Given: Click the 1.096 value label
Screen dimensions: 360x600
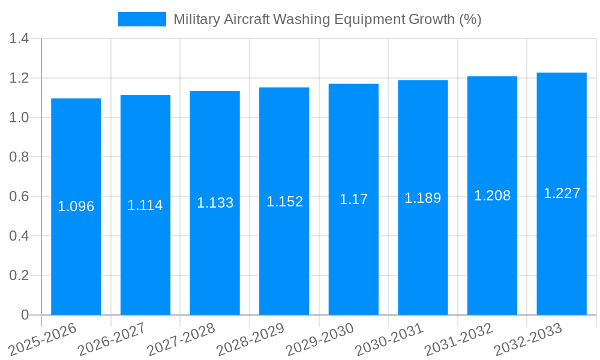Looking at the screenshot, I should [76, 206].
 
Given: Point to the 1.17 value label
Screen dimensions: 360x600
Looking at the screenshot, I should [354, 199].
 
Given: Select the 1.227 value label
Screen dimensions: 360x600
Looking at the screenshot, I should [562, 193].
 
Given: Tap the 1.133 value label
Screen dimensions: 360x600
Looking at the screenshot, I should [215, 203].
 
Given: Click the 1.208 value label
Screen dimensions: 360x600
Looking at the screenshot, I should [492, 196].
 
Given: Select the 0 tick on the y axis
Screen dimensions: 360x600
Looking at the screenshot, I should [25, 315].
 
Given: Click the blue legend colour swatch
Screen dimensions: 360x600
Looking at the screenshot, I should [142, 19].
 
